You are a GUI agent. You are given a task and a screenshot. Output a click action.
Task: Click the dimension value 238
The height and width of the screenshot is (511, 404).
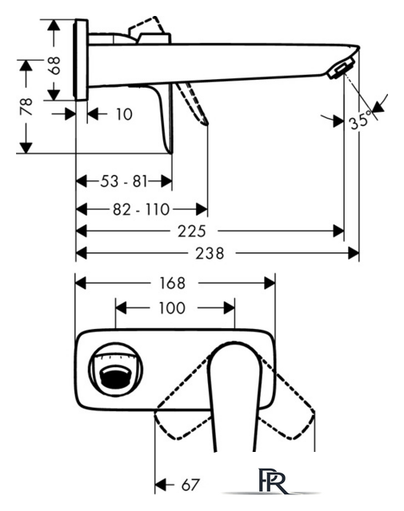[210, 253]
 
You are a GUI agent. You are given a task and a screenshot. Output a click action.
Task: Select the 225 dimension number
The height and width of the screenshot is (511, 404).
[192, 232]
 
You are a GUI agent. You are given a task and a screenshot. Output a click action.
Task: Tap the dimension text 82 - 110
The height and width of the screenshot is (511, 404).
[141, 209]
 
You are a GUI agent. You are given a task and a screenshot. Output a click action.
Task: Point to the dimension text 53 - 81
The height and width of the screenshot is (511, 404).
[124, 181]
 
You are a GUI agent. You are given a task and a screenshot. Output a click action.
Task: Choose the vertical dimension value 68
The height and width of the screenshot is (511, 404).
[54, 65]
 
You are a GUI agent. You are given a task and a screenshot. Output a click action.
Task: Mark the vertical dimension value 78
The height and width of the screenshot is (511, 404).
[26, 106]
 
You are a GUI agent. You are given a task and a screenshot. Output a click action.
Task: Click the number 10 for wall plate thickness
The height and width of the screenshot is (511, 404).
[125, 114]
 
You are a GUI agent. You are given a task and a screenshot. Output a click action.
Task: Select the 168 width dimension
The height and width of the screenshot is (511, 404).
[172, 283]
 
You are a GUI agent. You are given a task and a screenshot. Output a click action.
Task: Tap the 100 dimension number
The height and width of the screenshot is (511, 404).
[172, 308]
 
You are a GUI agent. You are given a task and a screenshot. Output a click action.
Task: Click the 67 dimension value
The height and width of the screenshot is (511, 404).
[190, 485]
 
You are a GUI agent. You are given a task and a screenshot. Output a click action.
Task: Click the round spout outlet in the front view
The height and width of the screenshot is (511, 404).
[116, 370]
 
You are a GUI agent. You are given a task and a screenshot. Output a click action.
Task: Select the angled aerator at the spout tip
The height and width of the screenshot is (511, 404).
[341, 67]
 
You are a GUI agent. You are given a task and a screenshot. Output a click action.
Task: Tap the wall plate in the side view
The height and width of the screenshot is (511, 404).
[81, 60]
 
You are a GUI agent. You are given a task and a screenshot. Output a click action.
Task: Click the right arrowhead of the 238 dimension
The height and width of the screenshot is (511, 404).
[354, 253]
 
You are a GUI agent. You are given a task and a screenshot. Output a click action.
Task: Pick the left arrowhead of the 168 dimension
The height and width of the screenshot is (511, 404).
[81, 283]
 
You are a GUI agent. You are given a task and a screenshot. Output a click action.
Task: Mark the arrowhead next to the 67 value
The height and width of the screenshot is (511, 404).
[160, 485]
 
